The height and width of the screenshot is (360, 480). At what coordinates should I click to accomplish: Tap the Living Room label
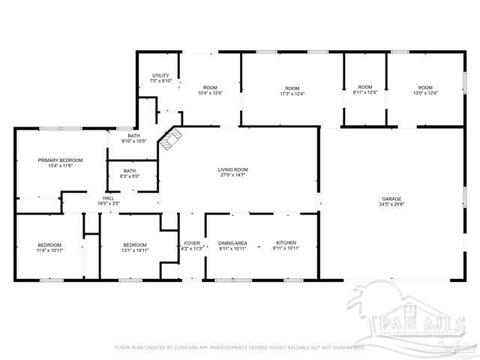tap(232, 169)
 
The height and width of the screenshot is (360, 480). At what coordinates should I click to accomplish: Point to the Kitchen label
tap(286, 243)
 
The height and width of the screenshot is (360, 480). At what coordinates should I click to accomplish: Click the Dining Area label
tap(232, 243)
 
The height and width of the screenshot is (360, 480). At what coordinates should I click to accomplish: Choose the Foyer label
tap(192, 243)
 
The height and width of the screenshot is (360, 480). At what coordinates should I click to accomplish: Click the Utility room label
tap(161, 76)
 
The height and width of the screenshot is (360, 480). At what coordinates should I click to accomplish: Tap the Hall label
tap(109, 198)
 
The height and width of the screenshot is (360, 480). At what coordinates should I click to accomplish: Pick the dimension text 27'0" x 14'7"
tap(232, 175)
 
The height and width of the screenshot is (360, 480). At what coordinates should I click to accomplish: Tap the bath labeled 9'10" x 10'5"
tap(133, 138)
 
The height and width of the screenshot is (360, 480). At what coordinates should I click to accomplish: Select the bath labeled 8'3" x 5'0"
tap(130, 174)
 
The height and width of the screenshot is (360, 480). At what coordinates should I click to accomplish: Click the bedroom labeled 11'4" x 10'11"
tap(49, 247)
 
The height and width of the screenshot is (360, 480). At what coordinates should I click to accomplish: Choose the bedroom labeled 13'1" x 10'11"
tap(136, 247)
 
